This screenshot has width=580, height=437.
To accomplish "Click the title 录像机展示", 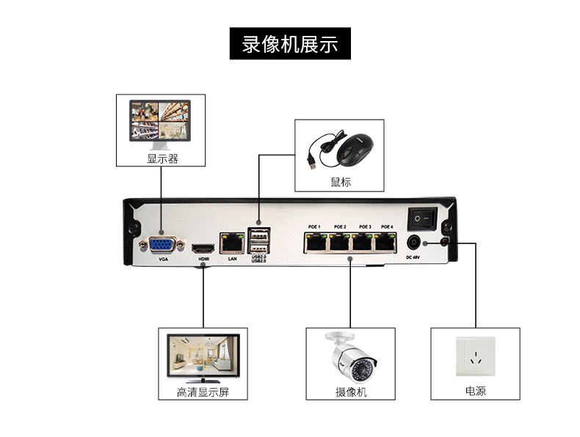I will point(289,45).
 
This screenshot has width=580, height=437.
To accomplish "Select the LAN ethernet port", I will point(232,241).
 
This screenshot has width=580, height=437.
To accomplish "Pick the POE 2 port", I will point(339,241).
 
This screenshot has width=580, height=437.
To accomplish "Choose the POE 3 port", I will point(363,241).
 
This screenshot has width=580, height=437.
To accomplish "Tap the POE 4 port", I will point(387,241).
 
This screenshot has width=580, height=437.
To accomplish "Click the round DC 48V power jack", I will point(413,243).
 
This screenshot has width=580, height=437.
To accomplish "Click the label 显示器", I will point(162,158).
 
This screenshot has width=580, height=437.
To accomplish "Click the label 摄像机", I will point(351,392).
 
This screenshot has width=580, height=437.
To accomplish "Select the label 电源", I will point(475,392).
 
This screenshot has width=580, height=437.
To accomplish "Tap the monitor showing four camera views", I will point(162,120).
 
